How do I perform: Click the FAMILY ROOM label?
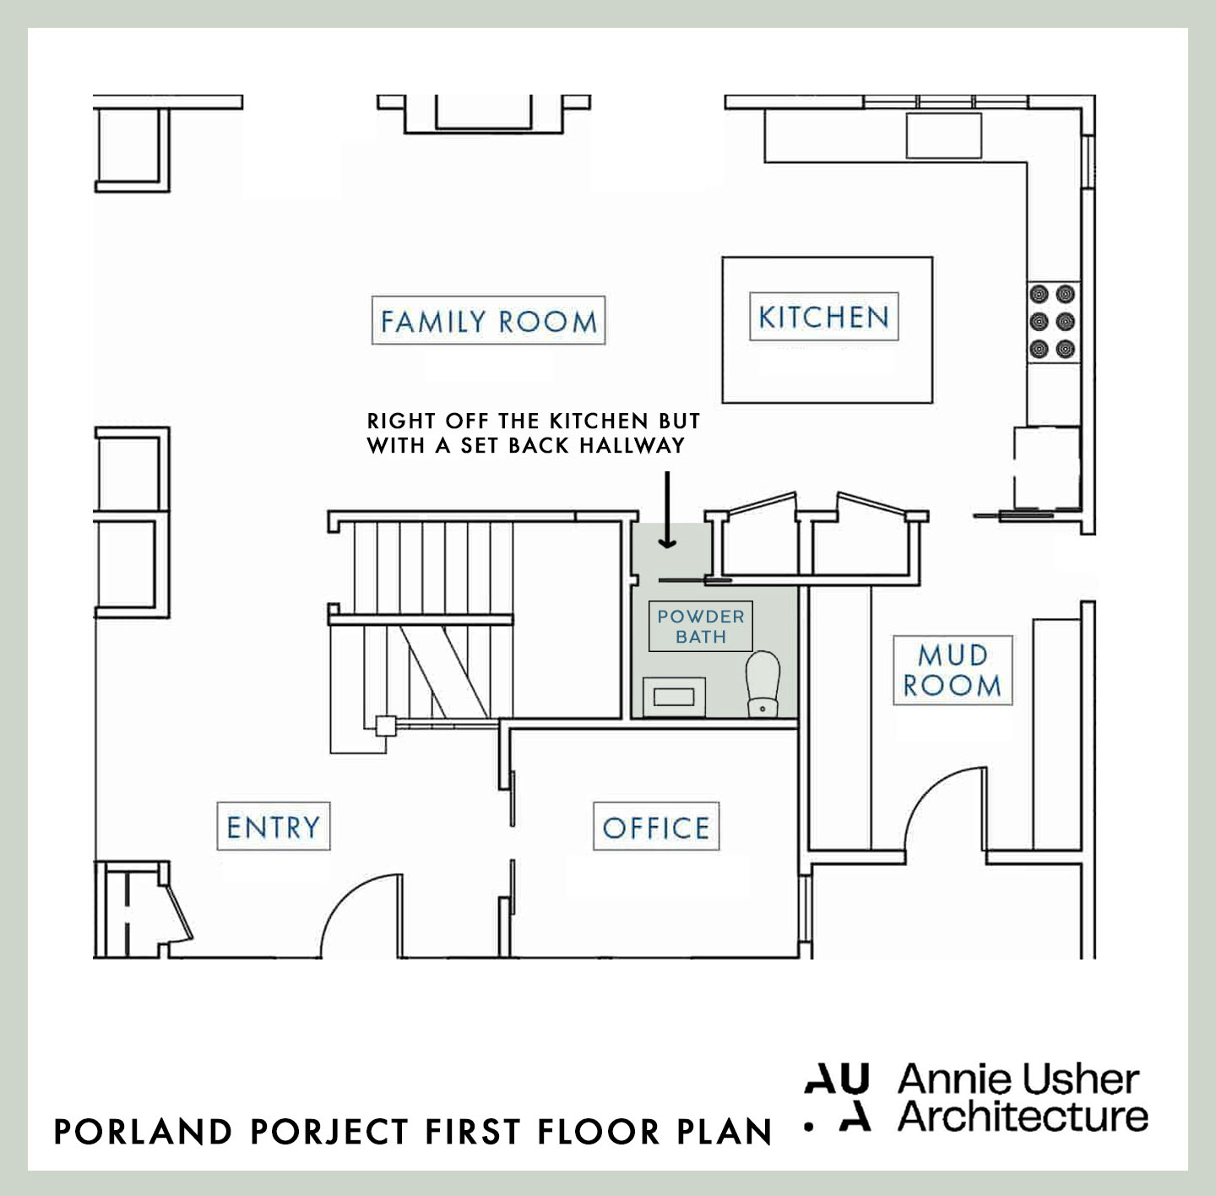[488, 321]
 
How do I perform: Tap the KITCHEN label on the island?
[823, 317]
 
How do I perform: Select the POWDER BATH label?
[701, 627]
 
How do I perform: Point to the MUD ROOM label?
[953, 671]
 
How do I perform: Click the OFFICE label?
[656, 827]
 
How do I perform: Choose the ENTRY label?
[274, 826]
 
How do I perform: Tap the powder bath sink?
[674, 697]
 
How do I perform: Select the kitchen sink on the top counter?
[943, 135]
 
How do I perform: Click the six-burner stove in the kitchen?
[1052, 321]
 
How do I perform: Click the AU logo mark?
[836, 1097]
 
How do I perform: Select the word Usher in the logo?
[1080, 1080]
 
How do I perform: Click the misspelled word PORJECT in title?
[330, 1132]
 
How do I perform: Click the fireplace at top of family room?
[483, 114]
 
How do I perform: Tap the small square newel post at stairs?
[385, 725]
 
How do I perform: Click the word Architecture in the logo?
[1023, 1117]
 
